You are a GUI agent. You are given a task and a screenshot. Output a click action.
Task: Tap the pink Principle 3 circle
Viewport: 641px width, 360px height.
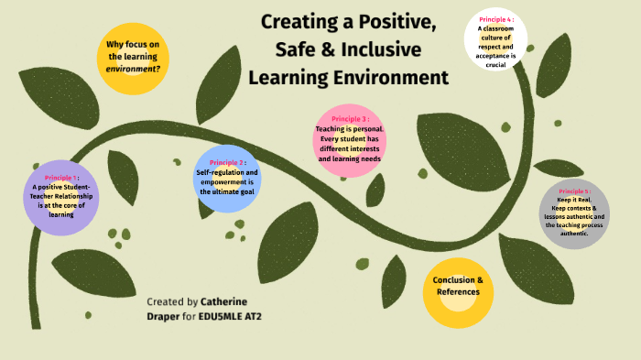tap(350, 139)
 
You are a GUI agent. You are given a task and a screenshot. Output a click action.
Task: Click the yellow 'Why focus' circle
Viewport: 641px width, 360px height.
tap(134, 57)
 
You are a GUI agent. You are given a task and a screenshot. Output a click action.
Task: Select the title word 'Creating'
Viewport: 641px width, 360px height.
tap(296, 21)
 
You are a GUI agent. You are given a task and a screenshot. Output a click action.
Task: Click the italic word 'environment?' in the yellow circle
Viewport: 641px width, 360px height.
tap(134, 68)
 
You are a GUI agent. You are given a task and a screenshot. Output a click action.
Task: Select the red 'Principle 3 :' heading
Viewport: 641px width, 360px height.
tap(350, 119)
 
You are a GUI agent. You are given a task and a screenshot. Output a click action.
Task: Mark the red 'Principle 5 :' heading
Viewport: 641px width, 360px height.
tap(574, 192)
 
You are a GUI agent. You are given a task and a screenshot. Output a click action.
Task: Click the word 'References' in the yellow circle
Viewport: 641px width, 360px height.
tap(458, 292)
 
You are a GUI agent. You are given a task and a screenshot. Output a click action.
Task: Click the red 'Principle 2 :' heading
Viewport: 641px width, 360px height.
tap(227, 162)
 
